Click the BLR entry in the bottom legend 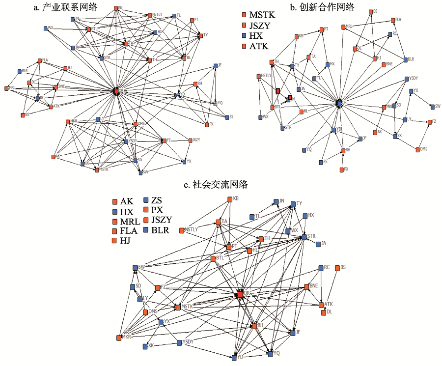click(x=160, y=229)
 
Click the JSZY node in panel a click(x=190, y=141)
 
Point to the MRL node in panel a click(x=6, y=88)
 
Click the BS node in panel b click(x=370, y=11)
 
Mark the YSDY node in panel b click(x=406, y=79)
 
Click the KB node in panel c click(x=229, y=199)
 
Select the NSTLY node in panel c click(x=181, y=230)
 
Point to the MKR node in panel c click(x=119, y=338)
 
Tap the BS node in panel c click(x=337, y=268)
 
